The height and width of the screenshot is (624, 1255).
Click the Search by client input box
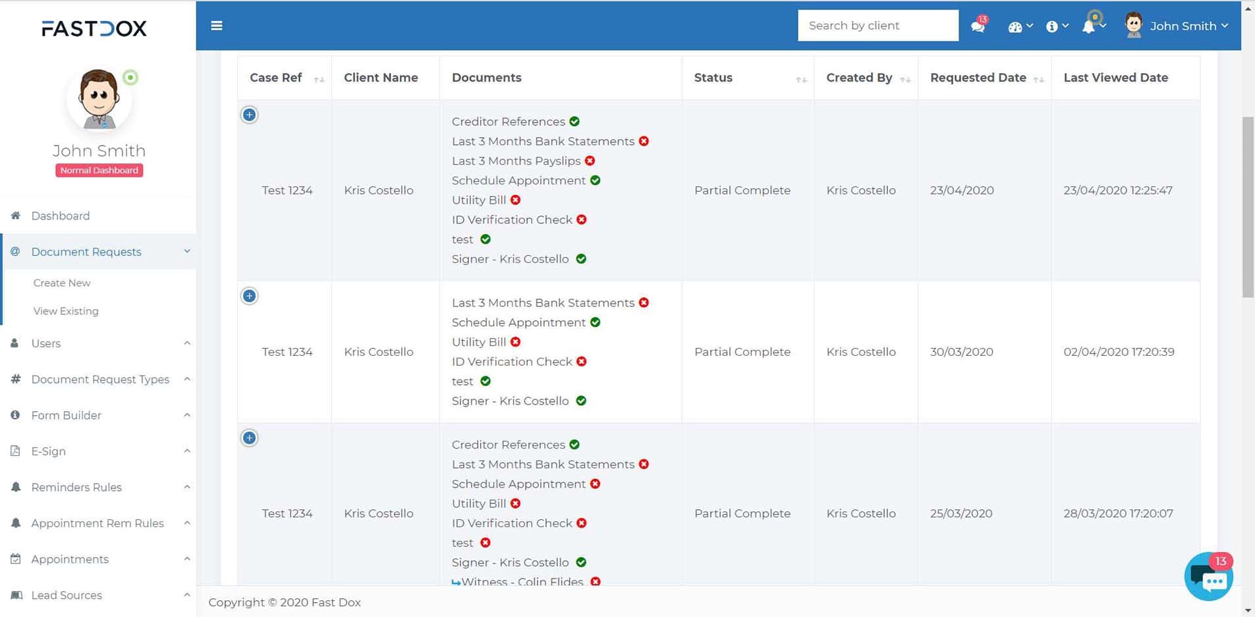click(878, 26)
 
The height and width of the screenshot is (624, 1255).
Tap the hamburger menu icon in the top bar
click(217, 26)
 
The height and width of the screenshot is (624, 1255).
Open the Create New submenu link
click(62, 283)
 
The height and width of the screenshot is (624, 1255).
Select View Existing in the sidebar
click(66, 311)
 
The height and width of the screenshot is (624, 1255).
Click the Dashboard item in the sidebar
click(60, 215)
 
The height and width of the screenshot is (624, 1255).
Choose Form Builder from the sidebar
click(66, 415)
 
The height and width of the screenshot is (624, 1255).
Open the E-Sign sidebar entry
click(48, 451)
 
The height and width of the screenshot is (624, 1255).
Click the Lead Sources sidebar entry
click(67, 595)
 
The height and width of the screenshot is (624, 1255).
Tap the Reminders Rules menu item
click(76, 487)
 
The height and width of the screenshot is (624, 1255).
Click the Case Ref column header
click(276, 78)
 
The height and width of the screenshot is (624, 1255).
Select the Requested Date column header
click(978, 78)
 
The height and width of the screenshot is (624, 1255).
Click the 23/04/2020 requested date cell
click(962, 190)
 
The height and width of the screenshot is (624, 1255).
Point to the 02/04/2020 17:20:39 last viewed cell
click(1119, 352)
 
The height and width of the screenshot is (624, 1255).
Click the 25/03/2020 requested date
click(961, 513)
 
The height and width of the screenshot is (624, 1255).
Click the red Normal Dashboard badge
click(99, 170)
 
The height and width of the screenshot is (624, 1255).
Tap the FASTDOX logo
click(94, 28)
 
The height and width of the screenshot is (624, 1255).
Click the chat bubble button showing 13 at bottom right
click(1209, 577)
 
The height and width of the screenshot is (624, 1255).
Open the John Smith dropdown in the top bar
click(1183, 26)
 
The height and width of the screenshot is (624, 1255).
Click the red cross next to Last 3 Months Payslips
click(590, 161)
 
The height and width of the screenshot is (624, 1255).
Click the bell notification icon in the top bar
click(1089, 26)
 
